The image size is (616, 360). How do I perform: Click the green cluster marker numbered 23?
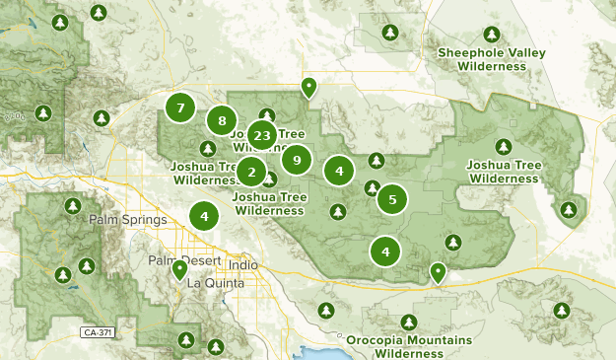pyautogui.click(x=261, y=135)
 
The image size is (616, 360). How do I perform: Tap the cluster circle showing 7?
pyautogui.click(x=180, y=108)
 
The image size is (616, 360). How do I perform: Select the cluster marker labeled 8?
pyautogui.click(x=223, y=120)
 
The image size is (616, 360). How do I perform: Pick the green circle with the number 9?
pyautogui.click(x=297, y=159)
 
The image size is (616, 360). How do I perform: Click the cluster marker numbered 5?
pyautogui.click(x=392, y=199)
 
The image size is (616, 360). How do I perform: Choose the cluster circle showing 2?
pyautogui.click(x=251, y=174)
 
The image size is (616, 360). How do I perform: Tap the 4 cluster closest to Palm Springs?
pyautogui.click(x=204, y=216)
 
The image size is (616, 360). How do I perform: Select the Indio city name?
pyautogui.click(x=241, y=265)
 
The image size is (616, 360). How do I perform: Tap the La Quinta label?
pyautogui.click(x=208, y=283)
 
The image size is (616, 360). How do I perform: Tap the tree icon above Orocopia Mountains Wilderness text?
pyautogui.click(x=409, y=323)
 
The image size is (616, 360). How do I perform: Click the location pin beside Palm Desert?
pyautogui.click(x=179, y=269)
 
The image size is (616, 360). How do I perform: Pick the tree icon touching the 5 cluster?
pyautogui.click(x=372, y=188)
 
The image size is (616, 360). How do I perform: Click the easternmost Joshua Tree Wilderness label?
pyautogui.click(x=504, y=171)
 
